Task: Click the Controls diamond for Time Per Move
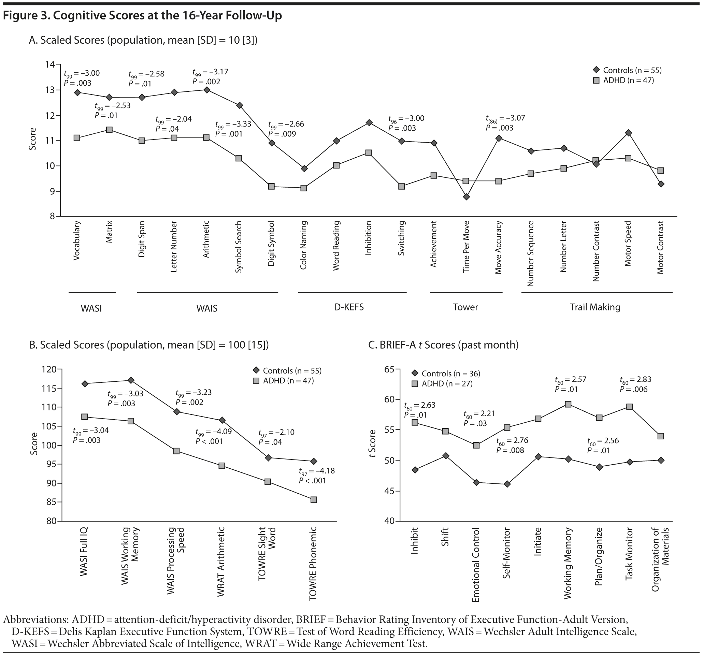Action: pyautogui.click(x=467, y=196)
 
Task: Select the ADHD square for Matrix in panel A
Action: pyautogui.click(x=109, y=130)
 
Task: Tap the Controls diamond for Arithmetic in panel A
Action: pyautogui.click(x=206, y=90)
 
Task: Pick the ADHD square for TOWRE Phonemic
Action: pyautogui.click(x=313, y=499)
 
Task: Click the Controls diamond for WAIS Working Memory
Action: pyautogui.click(x=130, y=380)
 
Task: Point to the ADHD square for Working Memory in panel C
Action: pyautogui.click(x=568, y=404)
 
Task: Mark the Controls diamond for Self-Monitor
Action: pyautogui.click(x=507, y=484)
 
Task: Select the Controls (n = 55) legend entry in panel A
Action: pyautogui.click(x=627, y=70)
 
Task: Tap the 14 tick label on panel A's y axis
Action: pyautogui.click(x=50, y=64)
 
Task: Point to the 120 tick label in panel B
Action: pyautogui.click(x=49, y=369)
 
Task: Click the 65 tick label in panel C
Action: pyautogui.click(x=389, y=369)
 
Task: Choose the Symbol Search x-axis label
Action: pyautogui.click(x=239, y=247)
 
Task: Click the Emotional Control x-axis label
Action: pyautogui.click(x=476, y=565)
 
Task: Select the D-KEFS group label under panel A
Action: pyautogui.click(x=349, y=307)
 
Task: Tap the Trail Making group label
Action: pyautogui.click(x=595, y=307)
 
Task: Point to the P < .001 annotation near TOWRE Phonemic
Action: pyautogui.click(x=312, y=480)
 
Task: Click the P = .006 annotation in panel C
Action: pyautogui.click(x=634, y=389)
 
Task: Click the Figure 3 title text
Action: pyautogui.click(x=143, y=16)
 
